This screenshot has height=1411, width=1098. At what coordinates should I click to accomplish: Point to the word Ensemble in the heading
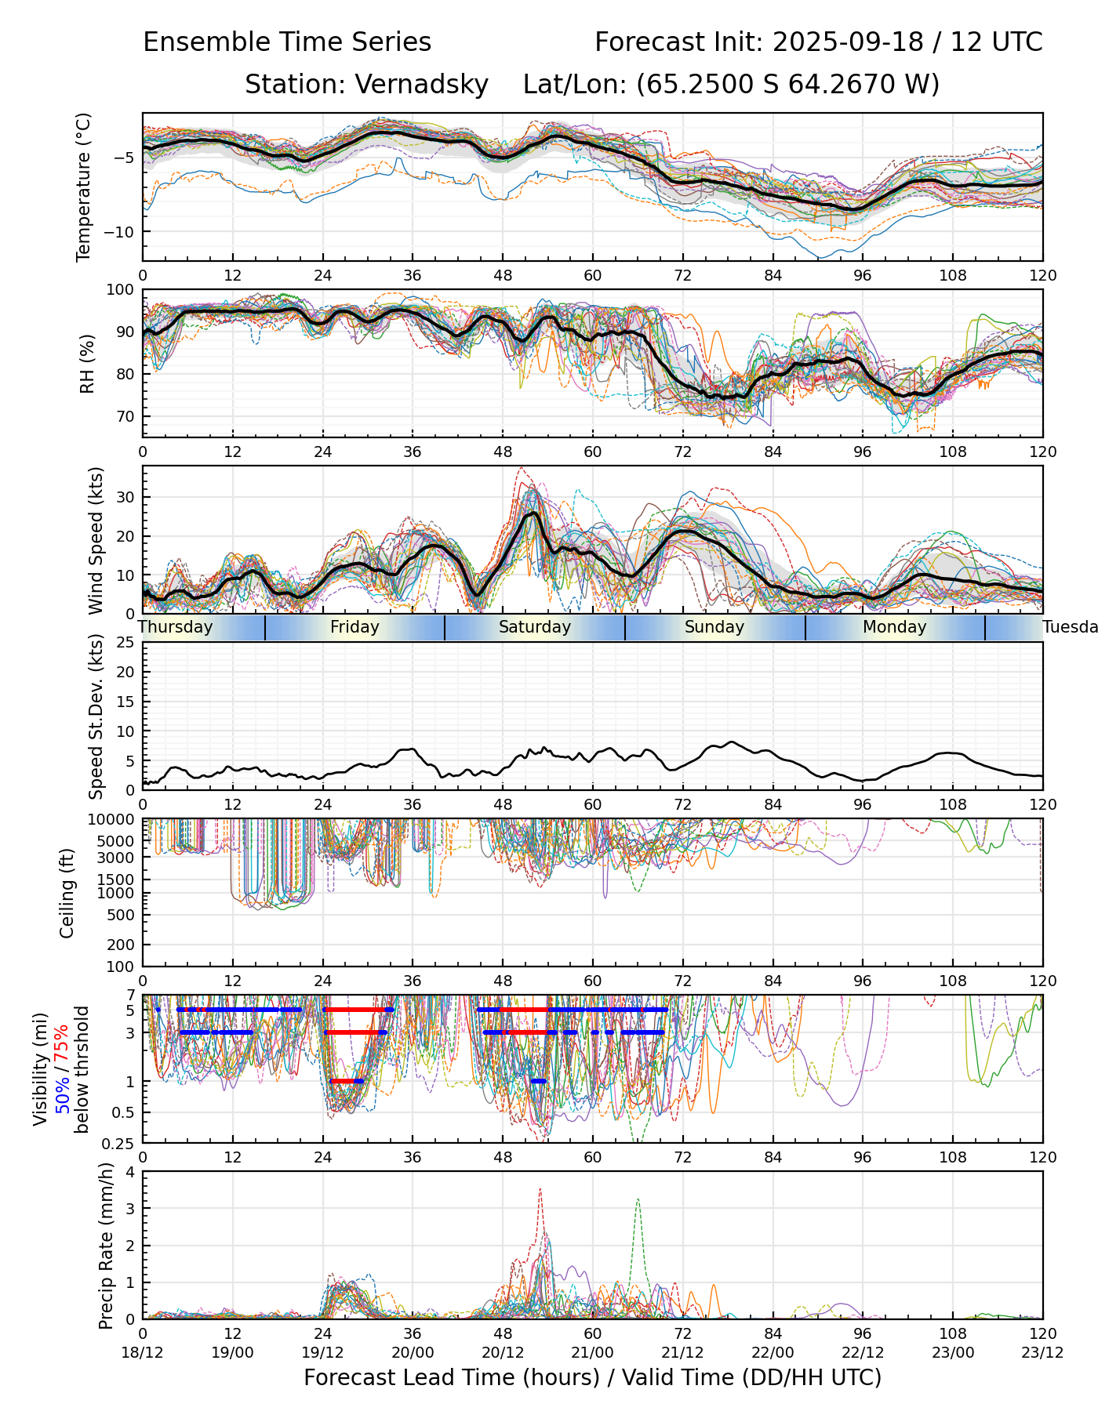coord(198,42)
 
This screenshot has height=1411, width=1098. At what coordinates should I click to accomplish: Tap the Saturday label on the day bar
coord(535,627)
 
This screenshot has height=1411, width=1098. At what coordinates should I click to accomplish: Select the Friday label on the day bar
coord(354,627)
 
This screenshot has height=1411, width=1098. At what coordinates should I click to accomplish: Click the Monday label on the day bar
coord(894,627)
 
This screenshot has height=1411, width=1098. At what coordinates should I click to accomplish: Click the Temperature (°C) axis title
coord(84,187)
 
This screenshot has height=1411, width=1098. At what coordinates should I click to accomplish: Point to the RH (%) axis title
coord(87,363)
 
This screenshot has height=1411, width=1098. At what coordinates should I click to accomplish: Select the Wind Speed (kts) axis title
coord(96,540)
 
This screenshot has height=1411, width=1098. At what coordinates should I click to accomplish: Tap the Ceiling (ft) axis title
coord(67,892)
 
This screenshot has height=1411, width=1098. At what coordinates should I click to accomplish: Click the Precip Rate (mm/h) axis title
coord(106,1245)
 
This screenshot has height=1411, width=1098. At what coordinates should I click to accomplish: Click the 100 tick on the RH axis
coord(121,290)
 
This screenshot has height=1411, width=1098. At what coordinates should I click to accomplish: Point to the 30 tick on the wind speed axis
coord(125,497)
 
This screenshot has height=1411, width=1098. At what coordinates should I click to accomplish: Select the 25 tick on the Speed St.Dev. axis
coord(125,643)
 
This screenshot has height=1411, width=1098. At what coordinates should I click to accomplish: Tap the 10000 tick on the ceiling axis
coord(114,820)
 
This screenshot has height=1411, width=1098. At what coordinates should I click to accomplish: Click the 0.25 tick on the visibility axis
coord(119,1142)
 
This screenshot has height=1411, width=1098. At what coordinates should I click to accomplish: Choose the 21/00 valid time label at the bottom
coord(592,1352)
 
